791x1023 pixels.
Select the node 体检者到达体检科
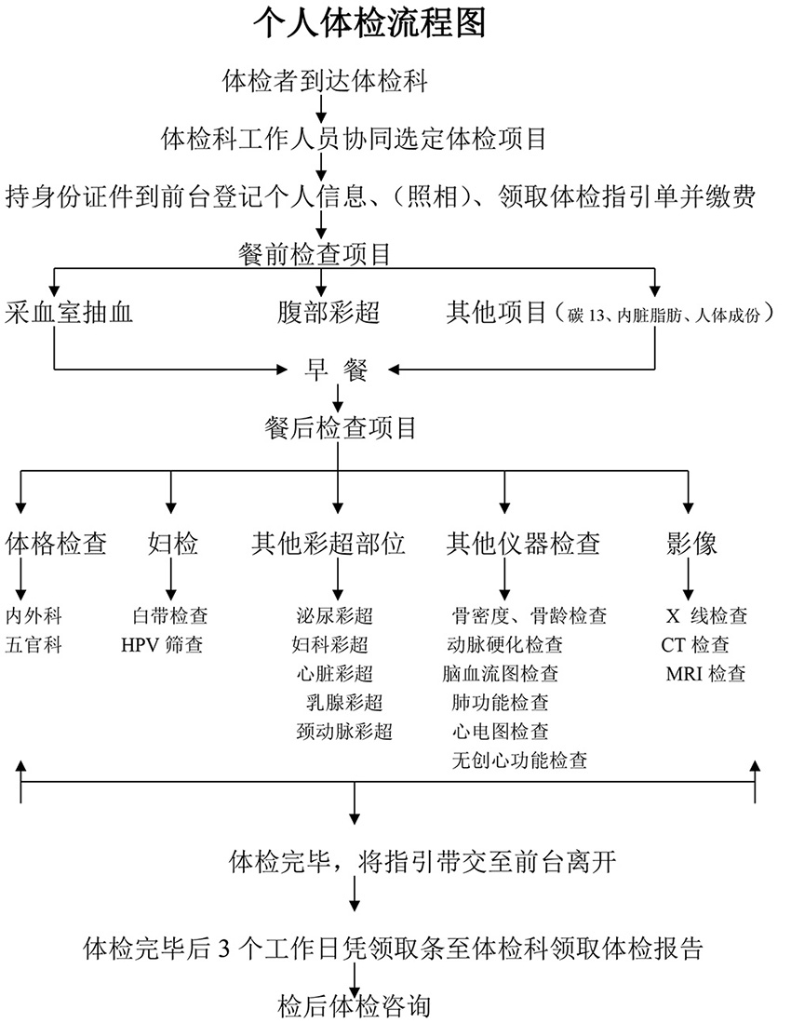(325, 81)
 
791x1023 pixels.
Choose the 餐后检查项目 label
(340, 428)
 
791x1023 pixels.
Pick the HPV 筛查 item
(161, 644)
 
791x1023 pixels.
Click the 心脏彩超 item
(335, 673)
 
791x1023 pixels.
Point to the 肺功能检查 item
(500, 702)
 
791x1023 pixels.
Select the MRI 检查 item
(705, 673)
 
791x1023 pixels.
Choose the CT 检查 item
(695, 644)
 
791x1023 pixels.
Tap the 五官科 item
(34, 644)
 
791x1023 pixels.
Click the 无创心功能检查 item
(519, 760)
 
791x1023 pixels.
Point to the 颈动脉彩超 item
(343, 731)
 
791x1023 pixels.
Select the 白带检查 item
(170, 615)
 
